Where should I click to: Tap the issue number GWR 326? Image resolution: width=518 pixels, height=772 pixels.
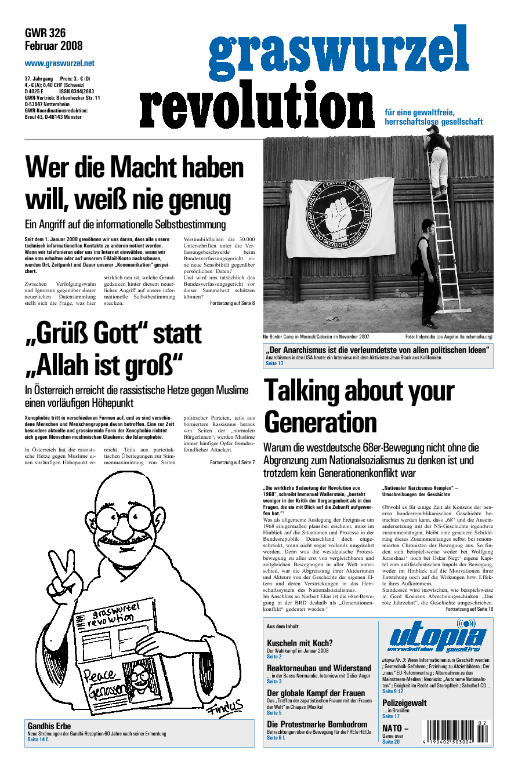pos(45,33)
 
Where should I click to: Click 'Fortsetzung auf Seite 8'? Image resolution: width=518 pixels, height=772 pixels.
pos(232,304)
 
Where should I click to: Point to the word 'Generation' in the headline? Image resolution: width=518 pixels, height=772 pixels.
pos(320,422)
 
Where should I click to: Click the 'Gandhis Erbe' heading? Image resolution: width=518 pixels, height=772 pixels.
pos(49,726)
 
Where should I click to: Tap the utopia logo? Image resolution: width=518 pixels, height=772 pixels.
pos(437,638)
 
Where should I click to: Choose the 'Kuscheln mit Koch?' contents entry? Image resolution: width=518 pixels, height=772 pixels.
pos(300,643)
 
